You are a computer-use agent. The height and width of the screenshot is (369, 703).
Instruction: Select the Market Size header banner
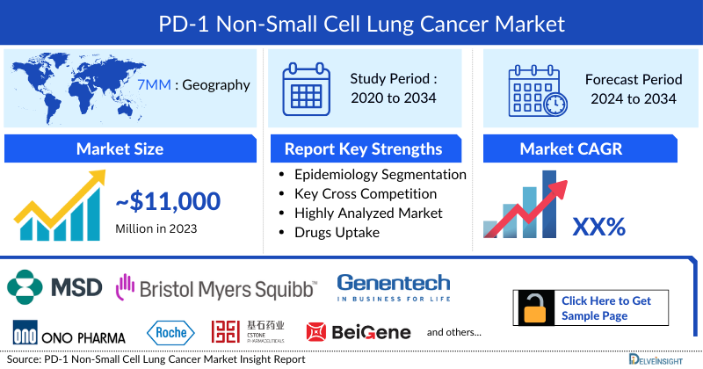tap(121, 148)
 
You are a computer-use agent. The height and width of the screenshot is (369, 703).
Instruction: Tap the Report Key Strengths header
tap(363, 148)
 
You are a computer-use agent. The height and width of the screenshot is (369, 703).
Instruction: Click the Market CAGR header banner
tap(583, 148)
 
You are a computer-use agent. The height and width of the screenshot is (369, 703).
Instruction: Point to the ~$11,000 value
tap(168, 201)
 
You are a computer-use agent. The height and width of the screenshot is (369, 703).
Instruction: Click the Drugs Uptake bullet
tap(338, 232)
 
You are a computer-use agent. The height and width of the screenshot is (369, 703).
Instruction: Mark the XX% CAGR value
tap(598, 227)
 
